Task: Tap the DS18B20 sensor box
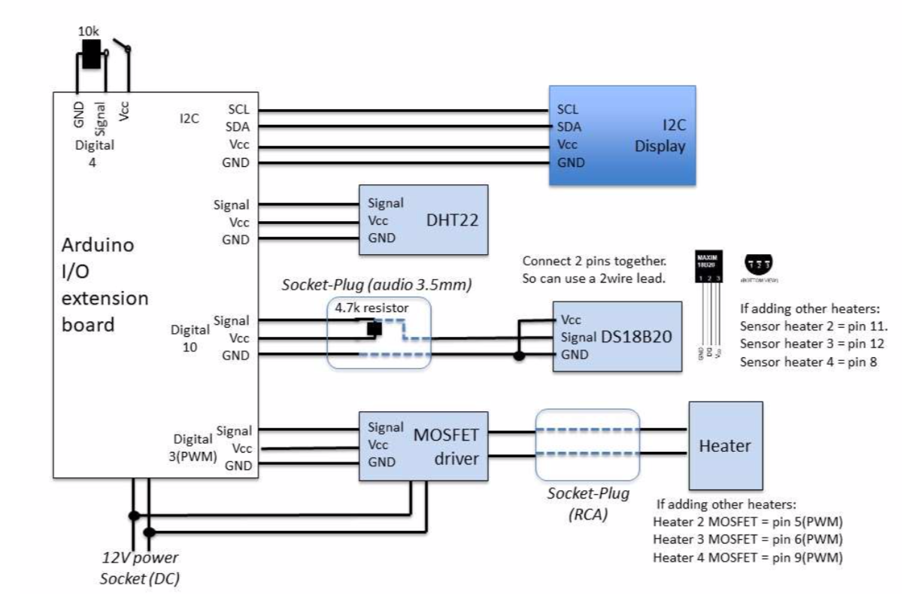(x=617, y=336)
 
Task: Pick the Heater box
(x=725, y=445)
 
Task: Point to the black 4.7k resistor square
(x=374, y=329)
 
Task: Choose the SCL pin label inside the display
(x=569, y=110)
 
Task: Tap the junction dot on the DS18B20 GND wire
(x=518, y=356)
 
